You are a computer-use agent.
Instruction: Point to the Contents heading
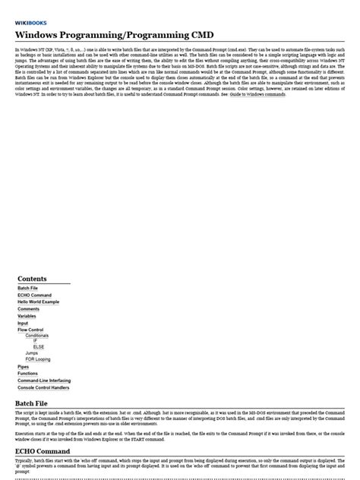point(32,279)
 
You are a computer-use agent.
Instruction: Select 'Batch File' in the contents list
point(27,289)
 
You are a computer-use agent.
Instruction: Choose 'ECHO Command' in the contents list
point(34,295)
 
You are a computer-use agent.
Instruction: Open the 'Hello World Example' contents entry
point(38,302)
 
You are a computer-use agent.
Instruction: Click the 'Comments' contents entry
point(28,309)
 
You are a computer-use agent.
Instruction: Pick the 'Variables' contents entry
point(27,316)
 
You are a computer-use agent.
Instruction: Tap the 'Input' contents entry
point(23,323)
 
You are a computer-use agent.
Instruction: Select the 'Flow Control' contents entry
point(31,330)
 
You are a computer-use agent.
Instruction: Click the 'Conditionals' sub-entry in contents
point(36,335)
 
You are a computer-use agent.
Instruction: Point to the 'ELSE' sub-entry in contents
point(38,347)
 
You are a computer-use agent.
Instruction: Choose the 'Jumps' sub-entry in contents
point(31,353)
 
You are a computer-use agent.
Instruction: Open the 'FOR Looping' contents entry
point(37,359)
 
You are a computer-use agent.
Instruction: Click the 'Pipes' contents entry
point(24,367)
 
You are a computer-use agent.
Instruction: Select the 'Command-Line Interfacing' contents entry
point(43,381)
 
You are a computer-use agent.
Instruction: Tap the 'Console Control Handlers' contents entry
point(44,387)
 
